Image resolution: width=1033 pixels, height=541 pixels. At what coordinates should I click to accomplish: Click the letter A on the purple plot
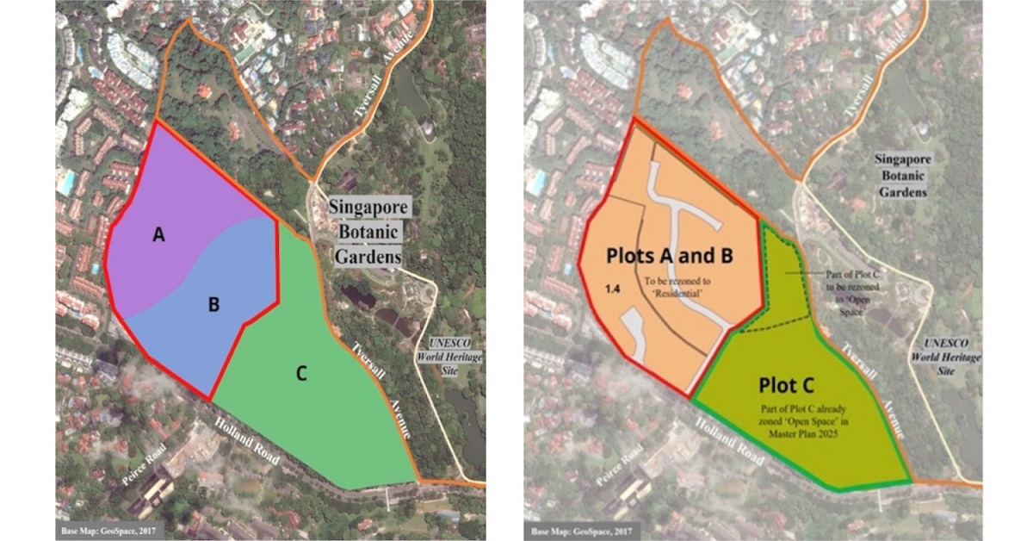(158, 234)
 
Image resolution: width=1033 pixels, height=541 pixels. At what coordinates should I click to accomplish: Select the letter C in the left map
(301, 373)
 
